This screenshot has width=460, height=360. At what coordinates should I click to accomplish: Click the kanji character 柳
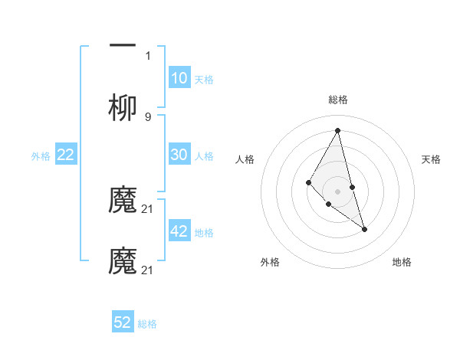[123, 109]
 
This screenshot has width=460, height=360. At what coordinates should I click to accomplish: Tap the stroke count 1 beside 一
[148, 55]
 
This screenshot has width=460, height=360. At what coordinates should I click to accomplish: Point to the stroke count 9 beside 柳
[148, 116]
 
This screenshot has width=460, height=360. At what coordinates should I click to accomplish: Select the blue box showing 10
[179, 78]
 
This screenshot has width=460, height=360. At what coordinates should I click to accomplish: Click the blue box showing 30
[179, 155]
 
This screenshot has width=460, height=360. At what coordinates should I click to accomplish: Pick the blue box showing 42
[179, 231]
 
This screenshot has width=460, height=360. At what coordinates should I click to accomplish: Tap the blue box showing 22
[66, 155]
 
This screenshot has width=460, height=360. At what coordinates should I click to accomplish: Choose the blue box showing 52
[123, 322]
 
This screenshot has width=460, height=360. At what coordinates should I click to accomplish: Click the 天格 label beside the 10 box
[204, 80]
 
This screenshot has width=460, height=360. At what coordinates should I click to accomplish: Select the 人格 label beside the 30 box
[204, 156]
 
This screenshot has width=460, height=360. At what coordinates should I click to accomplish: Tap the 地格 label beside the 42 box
[204, 233]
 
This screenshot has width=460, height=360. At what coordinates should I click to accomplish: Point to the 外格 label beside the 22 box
[41, 156]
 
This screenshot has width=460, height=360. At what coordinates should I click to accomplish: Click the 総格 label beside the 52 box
[147, 324]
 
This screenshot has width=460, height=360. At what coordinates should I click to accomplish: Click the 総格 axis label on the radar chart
[338, 100]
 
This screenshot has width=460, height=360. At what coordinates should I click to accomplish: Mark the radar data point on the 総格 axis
[338, 129]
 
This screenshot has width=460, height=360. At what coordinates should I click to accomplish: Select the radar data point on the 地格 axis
[364, 229]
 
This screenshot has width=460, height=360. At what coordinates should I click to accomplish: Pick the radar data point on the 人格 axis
[308, 182]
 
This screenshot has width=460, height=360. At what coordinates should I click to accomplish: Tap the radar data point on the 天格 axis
[353, 187]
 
